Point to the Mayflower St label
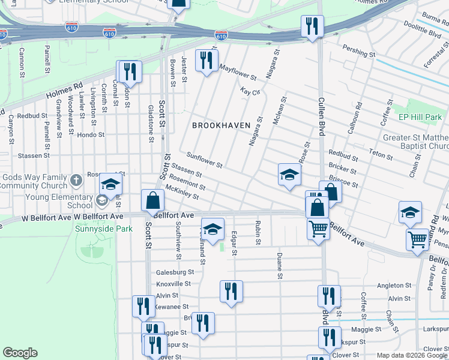tap(237, 73)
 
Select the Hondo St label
tap(91, 136)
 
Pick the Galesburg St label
tap(173, 272)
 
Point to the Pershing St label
tap(358, 51)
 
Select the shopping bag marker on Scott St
tap(153, 200)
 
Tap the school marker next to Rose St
tap(289, 175)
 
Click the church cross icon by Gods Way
tap(76, 180)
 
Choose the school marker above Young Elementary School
tap(110, 184)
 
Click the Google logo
tap(20, 353)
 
